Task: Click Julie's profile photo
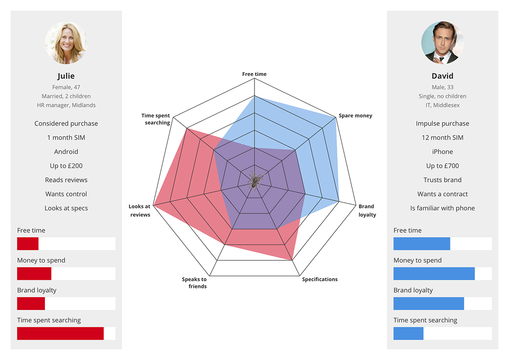click(x=66, y=43)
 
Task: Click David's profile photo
click(x=442, y=43)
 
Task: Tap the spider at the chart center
click(x=254, y=181)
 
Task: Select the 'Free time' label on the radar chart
click(x=255, y=74)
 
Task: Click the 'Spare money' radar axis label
click(x=355, y=116)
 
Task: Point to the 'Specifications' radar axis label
click(x=320, y=279)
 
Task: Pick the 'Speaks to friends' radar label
click(x=194, y=283)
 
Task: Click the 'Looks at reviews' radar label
click(x=140, y=211)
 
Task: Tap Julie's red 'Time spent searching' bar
click(x=60, y=333)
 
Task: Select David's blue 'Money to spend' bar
click(x=434, y=273)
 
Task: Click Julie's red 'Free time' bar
click(x=28, y=244)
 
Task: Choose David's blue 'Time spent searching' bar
click(x=408, y=333)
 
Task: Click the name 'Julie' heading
click(x=66, y=76)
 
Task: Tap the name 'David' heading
click(x=442, y=76)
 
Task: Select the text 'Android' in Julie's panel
click(x=66, y=152)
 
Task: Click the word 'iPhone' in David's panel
click(x=442, y=152)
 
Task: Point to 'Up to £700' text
click(x=442, y=166)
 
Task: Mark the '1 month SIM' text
click(x=66, y=138)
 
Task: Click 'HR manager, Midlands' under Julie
click(x=66, y=105)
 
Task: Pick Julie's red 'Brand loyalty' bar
click(x=31, y=304)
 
